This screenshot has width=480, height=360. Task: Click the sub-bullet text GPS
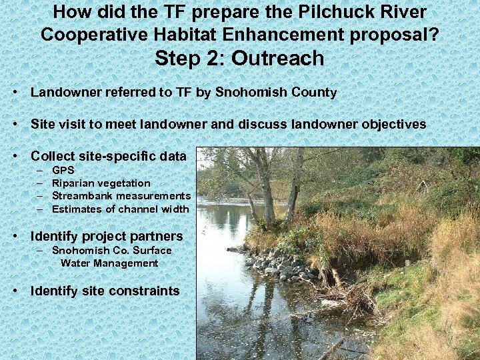click(x=63, y=170)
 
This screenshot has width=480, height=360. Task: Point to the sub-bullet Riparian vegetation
click(x=101, y=183)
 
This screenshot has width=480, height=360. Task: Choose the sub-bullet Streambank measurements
click(x=121, y=196)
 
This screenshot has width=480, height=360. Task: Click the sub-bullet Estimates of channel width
click(x=120, y=209)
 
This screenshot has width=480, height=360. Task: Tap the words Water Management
click(x=109, y=263)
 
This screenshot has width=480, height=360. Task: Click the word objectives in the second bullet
click(x=393, y=125)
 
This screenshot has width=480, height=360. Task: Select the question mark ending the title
click(x=433, y=34)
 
